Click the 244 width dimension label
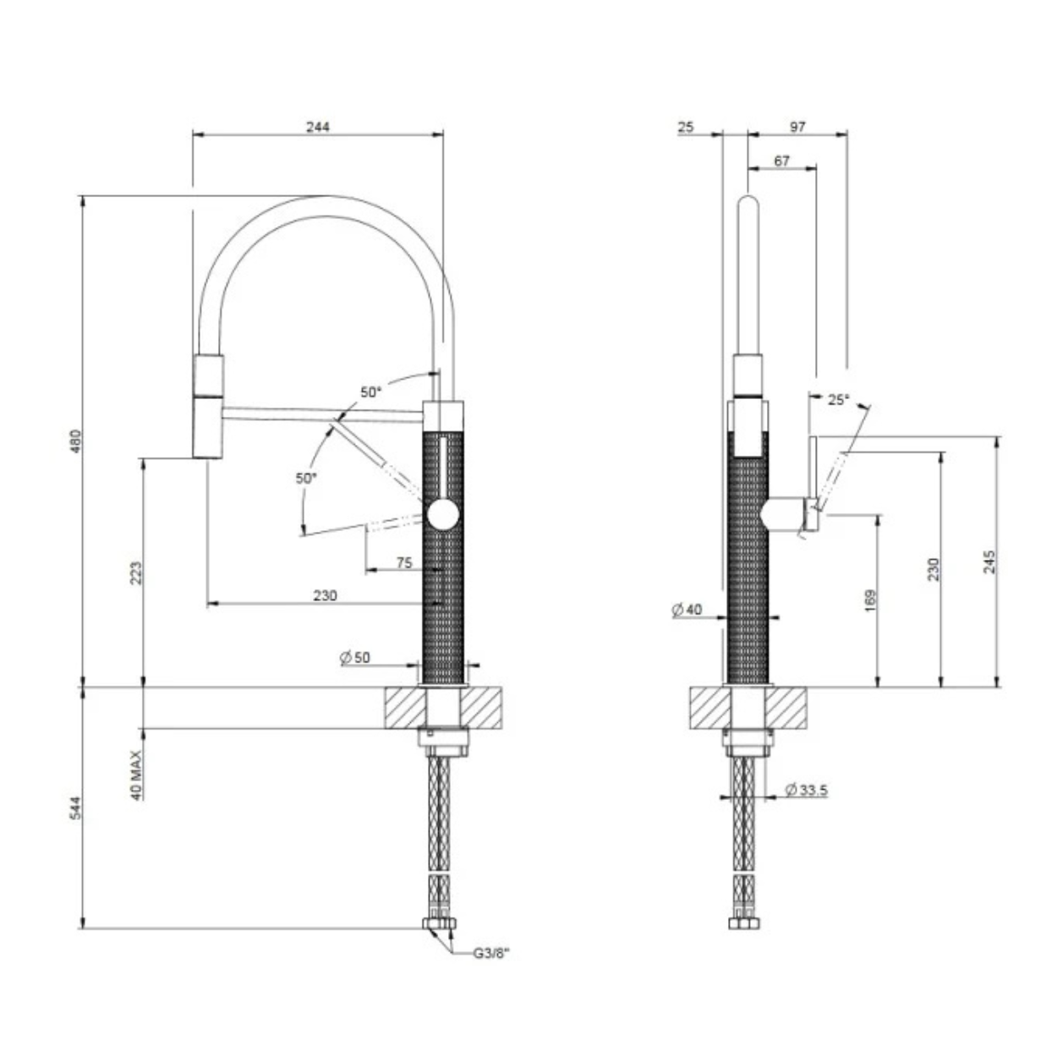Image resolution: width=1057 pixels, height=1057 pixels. click(x=318, y=127)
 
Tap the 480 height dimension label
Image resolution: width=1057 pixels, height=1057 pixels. click(x=76, y=441)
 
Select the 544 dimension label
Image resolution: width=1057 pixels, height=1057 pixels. click(x=76, y=808)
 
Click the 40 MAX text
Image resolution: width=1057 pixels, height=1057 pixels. click(x=137, y=775)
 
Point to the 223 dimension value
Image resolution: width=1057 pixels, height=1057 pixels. click(x=136, y=572)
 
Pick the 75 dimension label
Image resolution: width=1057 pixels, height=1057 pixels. click(x=404, y=563)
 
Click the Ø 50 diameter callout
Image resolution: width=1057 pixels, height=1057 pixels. click(x=355, y=657)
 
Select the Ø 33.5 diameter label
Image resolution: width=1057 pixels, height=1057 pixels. click(x=806, y=790)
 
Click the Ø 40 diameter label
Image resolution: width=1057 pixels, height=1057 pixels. click(x=687, y=610)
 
